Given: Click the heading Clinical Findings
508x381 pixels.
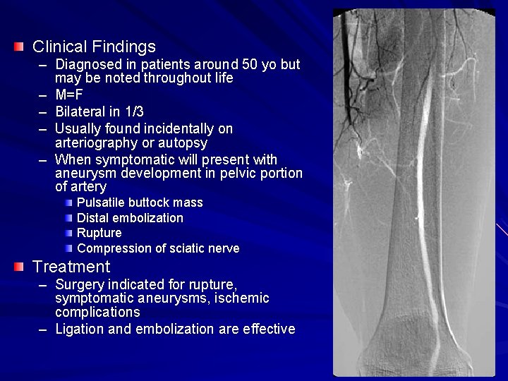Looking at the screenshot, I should point(94,47).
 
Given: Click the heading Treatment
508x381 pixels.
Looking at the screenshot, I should point(71,267).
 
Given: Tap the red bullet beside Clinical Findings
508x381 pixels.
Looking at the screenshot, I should point(19,47).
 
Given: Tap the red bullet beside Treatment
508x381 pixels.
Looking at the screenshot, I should point(19,267).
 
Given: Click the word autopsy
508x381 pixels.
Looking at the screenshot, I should point(185,143).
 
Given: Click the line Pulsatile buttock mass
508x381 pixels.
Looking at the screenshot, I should point(140,202).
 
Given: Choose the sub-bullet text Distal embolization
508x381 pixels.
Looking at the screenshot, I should point(130,218).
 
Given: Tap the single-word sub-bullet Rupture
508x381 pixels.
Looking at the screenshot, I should point(99,233).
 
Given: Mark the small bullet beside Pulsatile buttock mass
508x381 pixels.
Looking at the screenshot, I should point(68,203).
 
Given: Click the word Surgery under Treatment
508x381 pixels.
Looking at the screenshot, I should point(80,284).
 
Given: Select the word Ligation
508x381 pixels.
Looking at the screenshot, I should point(79,329).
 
